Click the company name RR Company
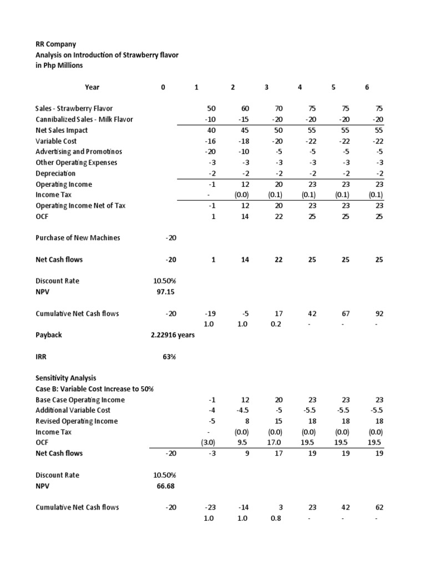pos(56,44)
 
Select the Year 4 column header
pos(300,87)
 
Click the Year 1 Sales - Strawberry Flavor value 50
pos(211,109)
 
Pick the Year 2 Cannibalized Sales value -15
pos(243,119)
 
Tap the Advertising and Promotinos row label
pos(79,152)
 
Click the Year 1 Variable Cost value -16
pos(210,141)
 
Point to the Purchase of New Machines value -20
pos(170,238)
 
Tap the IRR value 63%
pos(169,357)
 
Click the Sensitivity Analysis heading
pos(65,378)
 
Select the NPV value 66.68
pos(167,486)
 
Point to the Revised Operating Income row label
pos(77,421)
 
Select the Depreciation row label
pos(55,173)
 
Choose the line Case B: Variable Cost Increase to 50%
pos(94,389)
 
